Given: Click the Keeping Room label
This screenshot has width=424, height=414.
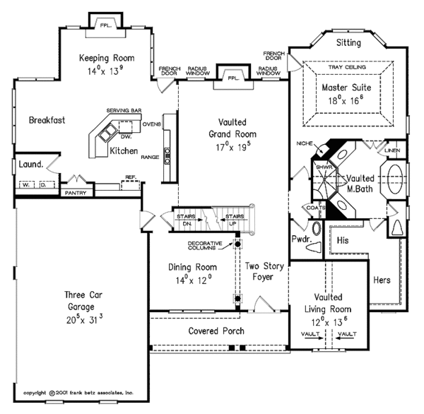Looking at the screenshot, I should tap(106, 58).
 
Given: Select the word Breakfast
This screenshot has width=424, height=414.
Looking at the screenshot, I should tap(47, 120).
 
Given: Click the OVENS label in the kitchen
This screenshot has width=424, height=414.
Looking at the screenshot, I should tap(151, 124).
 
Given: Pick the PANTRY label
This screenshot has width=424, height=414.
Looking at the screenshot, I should tap(75, 192).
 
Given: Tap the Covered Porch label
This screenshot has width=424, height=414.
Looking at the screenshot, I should tap(216, 331).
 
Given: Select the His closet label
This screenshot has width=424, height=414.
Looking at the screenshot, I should tap(344, 240).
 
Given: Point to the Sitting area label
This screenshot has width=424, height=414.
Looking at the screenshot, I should tap(348, 43).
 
